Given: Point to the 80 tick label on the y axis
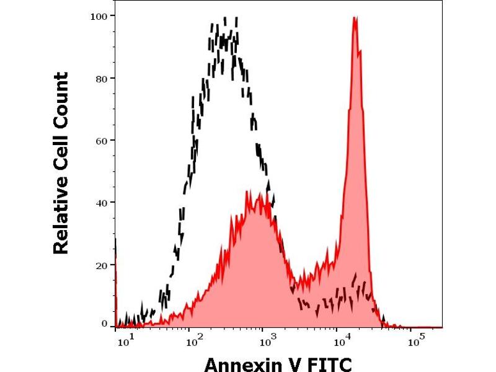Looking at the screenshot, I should (101, 78).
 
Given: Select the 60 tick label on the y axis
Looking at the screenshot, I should (101, 140).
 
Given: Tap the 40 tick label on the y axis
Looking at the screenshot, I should (101, 203).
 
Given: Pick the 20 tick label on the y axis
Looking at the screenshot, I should (101, 265).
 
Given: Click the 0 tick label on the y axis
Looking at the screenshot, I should (104, 324).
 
